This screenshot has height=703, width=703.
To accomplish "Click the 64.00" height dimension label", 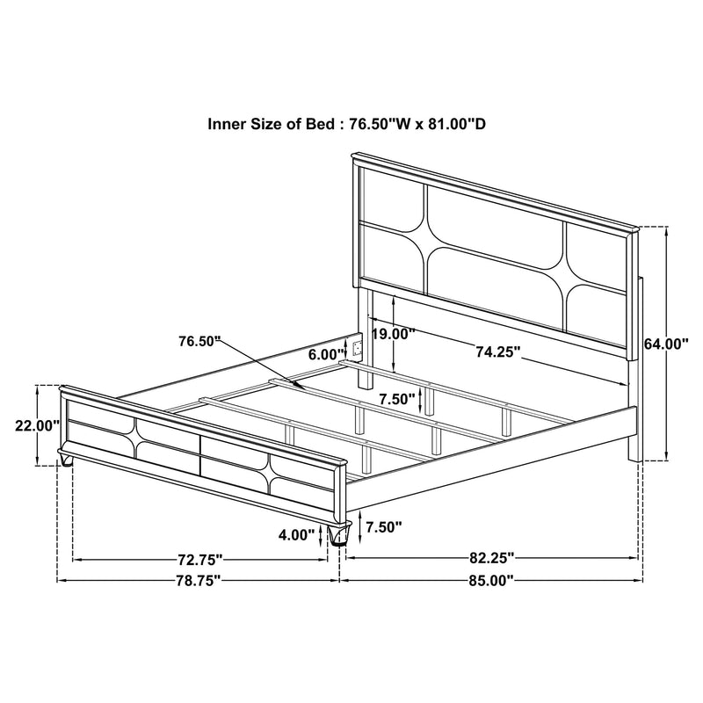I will pos(664,344).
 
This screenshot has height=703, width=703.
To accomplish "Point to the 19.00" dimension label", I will pos(392,334).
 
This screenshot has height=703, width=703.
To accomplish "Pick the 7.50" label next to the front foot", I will pos(383,527).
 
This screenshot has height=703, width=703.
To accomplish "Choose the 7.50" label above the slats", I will pos(397,398).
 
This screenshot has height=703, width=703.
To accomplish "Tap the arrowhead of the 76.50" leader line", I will pos(300,387).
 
